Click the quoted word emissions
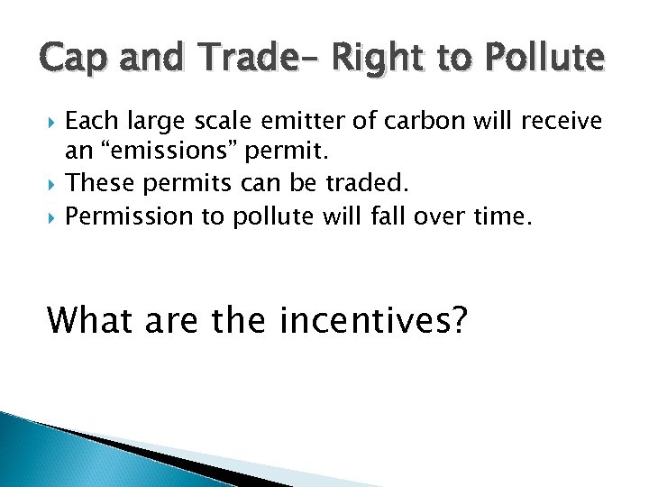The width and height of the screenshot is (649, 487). click(159, 152)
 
